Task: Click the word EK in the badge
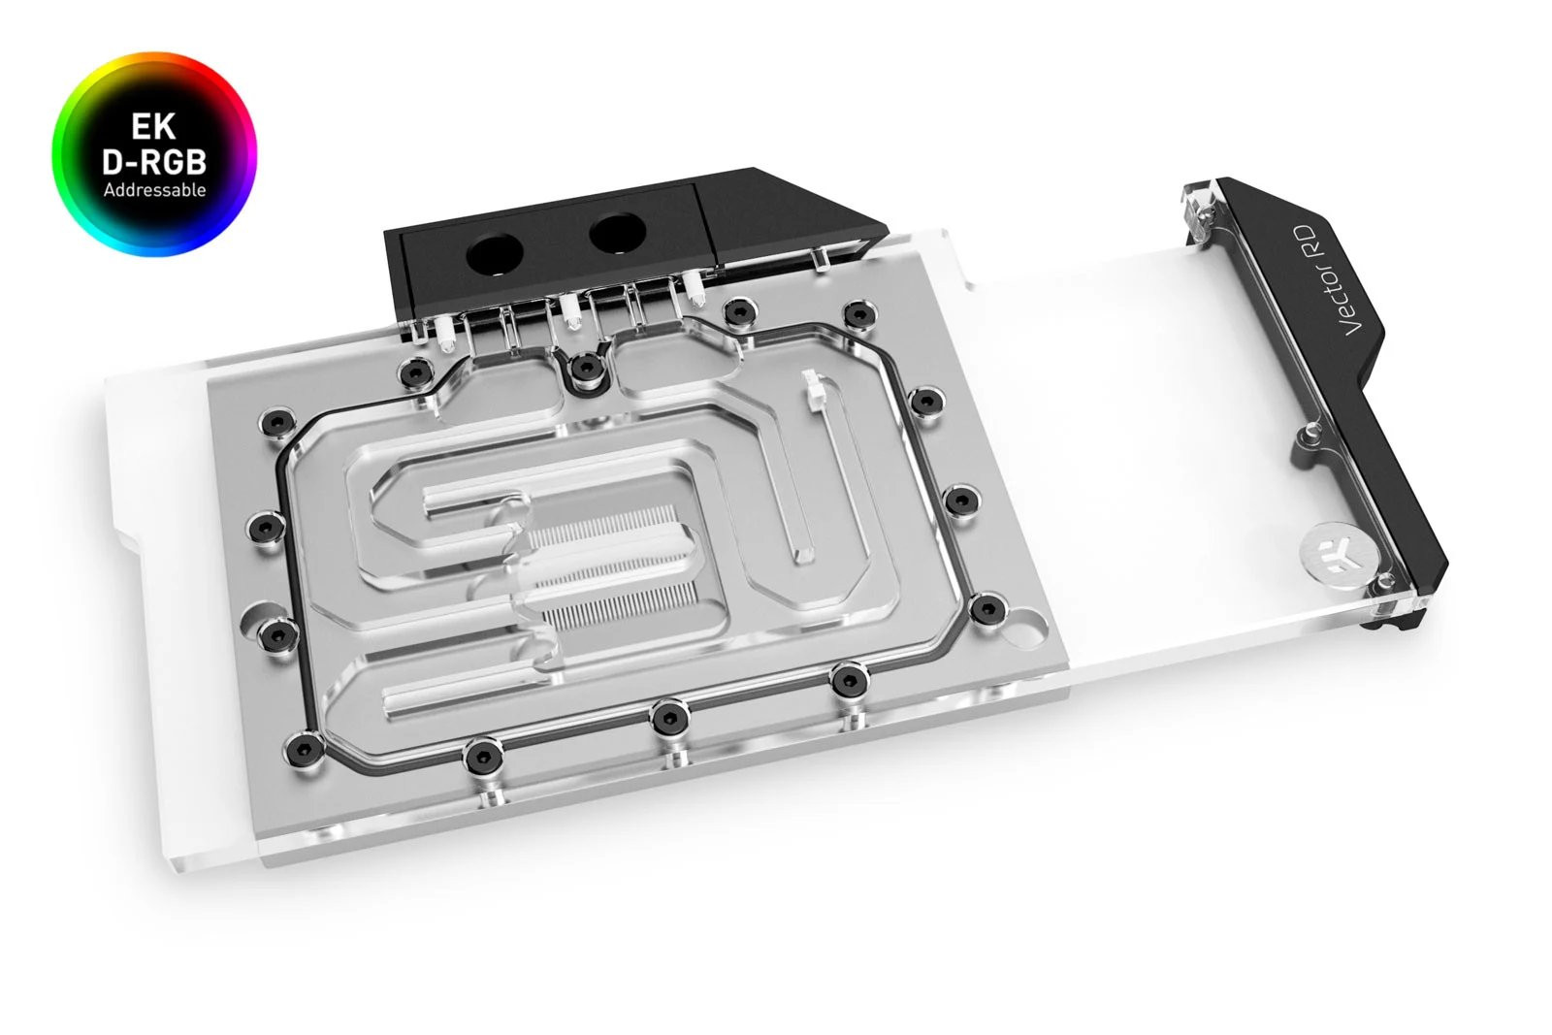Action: [x=155, y=125]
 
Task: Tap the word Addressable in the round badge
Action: [x=155, y=190]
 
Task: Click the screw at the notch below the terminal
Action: [x=584, y=367]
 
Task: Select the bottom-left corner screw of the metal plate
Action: [x=306, y=746]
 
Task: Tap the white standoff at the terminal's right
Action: [x=693, y=283]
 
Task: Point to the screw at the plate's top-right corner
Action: [x=857, y=314]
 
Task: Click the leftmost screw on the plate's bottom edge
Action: [x=480, y=756]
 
